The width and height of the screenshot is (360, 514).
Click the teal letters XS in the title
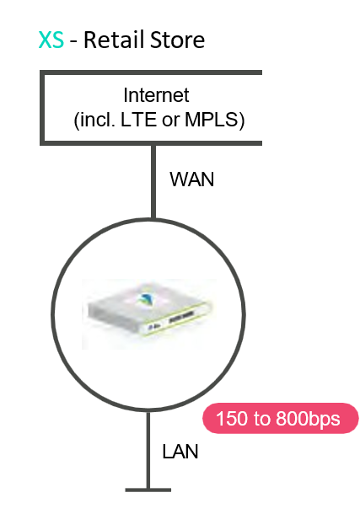[x=51, y=40]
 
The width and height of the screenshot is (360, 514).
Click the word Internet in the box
[x=156, y=95]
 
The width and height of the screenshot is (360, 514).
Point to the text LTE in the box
[x=138, y=120]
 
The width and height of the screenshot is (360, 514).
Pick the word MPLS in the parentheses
[x=211, y=120]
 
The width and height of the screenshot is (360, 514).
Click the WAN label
[x=192, y=179]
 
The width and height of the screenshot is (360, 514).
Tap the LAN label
[x=180, y=452]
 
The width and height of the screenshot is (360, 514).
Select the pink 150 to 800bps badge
[x=281, y=418]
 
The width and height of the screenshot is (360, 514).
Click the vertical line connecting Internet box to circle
[x=153, y=181]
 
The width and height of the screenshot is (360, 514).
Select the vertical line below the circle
[x=148, y=450]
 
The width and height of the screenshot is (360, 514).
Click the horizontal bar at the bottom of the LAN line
[x=148, y=490]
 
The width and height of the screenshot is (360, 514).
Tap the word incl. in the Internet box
[x=98, y=120]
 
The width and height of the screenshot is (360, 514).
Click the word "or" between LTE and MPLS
[x=170, y=121]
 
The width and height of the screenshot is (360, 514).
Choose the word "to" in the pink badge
[x=261, y=419]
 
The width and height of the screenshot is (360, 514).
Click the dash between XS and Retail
[x=74, y=42]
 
